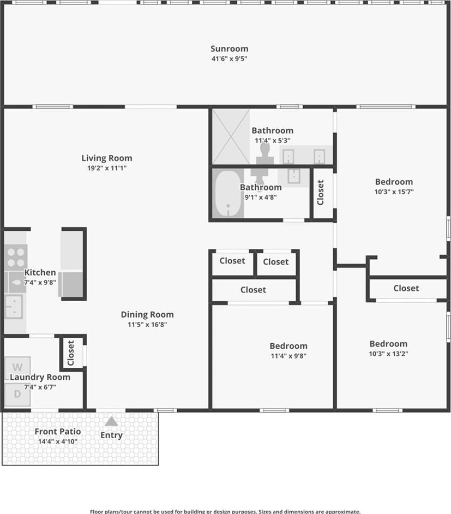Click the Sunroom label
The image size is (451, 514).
(229, 49)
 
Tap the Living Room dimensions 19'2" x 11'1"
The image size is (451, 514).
(107, 168)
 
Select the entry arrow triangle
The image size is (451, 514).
(111, 421)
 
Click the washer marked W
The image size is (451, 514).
(17, 367)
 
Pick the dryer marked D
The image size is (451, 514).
(17, 395)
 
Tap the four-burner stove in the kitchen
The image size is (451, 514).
(16, 258)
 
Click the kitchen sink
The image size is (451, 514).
(14, 307)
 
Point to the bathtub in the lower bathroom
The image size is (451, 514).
(228, 193)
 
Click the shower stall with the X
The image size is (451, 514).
(231, 136)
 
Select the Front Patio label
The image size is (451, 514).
(58, 432)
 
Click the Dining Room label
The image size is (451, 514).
(147, 315)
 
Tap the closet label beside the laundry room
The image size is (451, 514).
(71, 353)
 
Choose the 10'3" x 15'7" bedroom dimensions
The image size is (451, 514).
(394, 192)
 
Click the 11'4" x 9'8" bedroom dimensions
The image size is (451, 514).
(288, 356)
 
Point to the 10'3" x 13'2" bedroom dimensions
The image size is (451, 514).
(388, 354)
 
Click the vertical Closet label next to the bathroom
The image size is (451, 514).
(320, 193)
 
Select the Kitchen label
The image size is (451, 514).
(40, 272)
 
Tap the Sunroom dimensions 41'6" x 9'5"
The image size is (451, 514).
(229, 59)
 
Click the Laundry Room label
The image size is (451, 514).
(40, 377)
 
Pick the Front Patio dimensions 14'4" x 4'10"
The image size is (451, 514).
(58, 441)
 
